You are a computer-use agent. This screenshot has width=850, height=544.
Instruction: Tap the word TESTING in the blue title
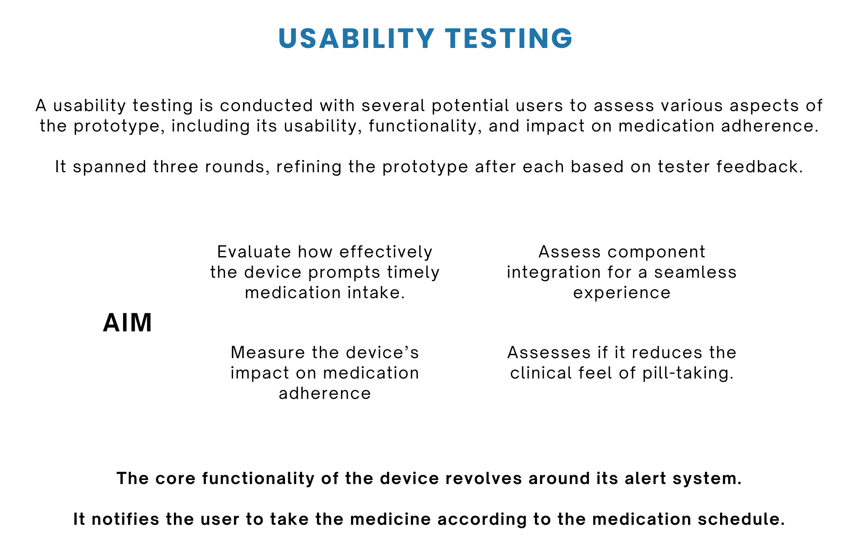coord(509,39)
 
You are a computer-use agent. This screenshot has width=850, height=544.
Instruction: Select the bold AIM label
coord(128,323)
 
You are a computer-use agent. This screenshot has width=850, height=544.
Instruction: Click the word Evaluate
coord(254,252)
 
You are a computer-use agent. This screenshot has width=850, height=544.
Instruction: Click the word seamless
coord(695,272)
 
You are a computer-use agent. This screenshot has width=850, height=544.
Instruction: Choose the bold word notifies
coord(126,519)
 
